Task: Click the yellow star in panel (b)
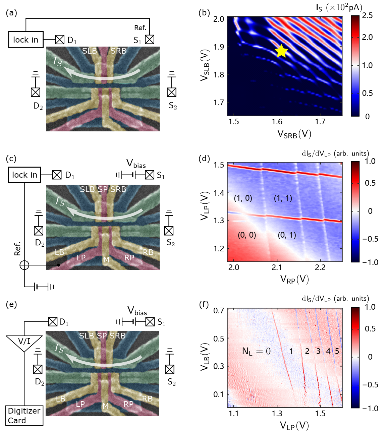(281, 51)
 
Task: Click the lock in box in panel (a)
(26, 40)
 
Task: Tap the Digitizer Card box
(24, 416)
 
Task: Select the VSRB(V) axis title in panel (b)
(294, 134)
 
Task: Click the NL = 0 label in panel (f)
(256, 351)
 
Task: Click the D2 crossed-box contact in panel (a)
(36, 92)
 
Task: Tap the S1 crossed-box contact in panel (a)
(150, 40)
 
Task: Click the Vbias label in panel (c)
(136, 164)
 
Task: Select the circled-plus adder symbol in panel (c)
(24, 265)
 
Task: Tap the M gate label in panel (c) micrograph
(106, 260)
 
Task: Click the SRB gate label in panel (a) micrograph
(118, 51)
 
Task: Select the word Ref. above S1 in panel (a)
(141, 28)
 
